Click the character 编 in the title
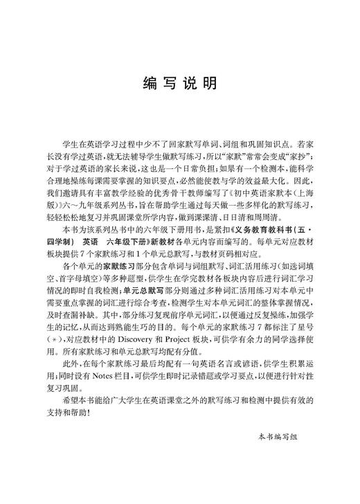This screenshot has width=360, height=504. click(149, 84)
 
